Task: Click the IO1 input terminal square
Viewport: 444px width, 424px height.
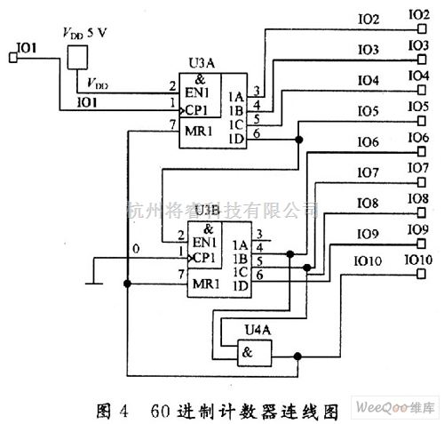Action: point(12,59)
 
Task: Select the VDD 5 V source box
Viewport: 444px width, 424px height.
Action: point(77,58)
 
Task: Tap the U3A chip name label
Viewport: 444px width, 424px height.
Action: point(201,65)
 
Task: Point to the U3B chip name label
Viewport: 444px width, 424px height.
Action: point(205,210)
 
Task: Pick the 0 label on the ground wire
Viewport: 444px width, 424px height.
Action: point(136,249)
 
